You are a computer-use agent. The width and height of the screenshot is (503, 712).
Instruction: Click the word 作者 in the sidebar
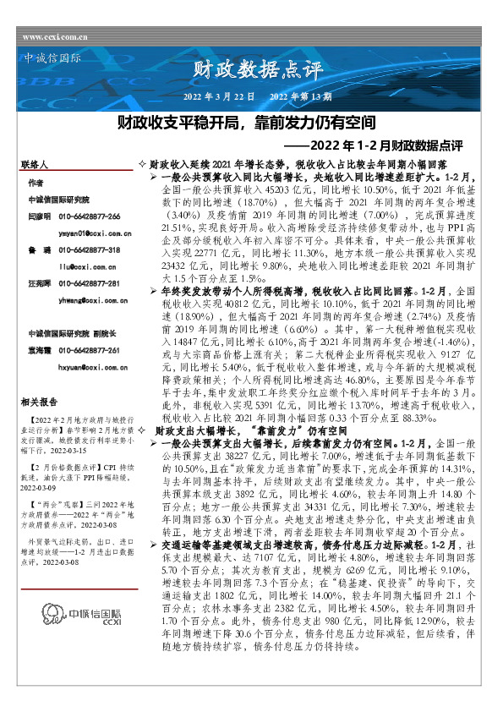(35, 183)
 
